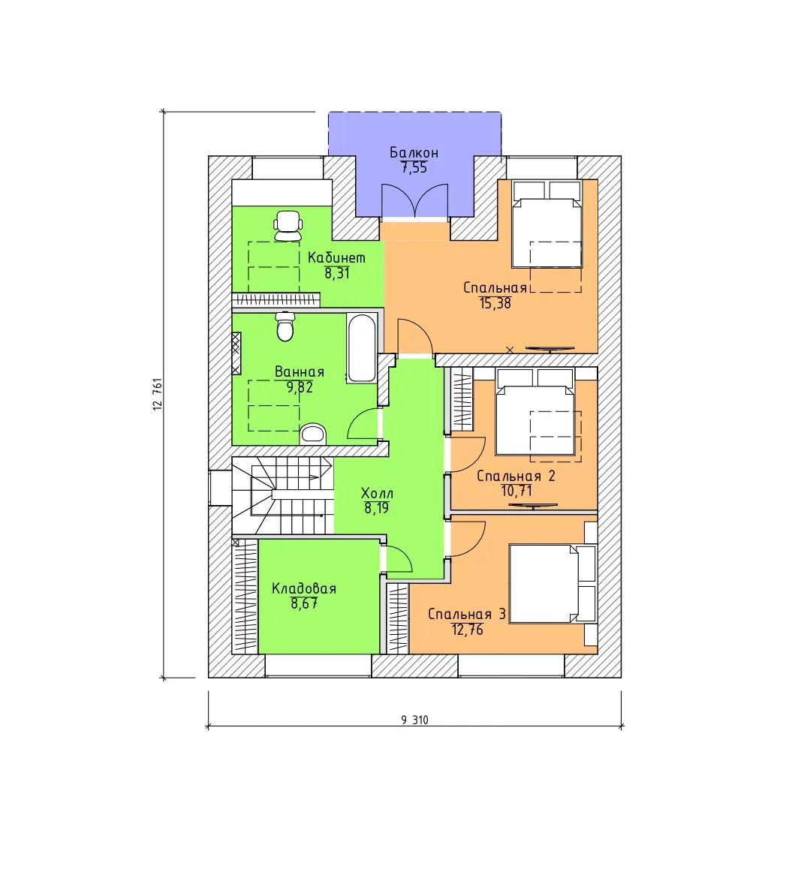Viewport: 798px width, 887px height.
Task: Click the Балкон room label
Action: (x=414, y=153)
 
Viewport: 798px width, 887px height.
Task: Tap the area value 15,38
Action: (x=495, y=303)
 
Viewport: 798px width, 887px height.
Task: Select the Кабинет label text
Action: (x=336, y=258)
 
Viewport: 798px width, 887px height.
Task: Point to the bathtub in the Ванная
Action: (x=361, y=348)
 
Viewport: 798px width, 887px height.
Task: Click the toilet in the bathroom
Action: (x=285, y=327)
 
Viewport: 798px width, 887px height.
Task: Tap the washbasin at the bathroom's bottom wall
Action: (x=313, y=434)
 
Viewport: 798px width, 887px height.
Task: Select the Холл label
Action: (x=377, y=493)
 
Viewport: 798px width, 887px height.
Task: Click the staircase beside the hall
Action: (x=282, y=495)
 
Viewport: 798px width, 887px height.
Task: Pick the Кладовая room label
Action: (x=304, y=588)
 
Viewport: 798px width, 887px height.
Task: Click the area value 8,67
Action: (x=304, y=603)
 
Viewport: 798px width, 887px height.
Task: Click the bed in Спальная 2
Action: (x=535, y=412)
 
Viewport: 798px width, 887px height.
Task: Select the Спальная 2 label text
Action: (x=516, y=477)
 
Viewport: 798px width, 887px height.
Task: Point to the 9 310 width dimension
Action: (x=415, y=720)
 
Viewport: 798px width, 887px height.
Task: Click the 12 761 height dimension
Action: (x=158, y=394)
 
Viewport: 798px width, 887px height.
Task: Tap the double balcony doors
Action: (x=415, y=201)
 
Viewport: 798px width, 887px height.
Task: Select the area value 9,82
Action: (x=300, y=387)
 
